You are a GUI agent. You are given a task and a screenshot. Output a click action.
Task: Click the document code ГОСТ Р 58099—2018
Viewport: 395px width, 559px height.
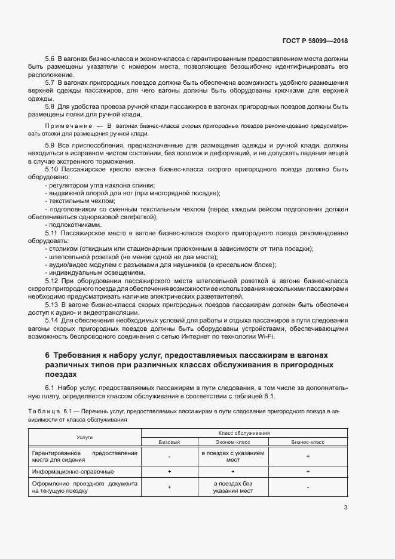[314, 41]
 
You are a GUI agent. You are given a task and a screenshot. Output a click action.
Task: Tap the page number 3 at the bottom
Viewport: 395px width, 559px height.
[346, 508]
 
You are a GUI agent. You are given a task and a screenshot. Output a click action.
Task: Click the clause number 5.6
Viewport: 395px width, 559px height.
[50, 60]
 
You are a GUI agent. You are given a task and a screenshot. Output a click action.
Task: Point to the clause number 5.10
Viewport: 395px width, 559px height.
[52, 170]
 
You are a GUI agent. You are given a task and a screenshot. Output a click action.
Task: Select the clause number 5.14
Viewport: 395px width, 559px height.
[52, 320]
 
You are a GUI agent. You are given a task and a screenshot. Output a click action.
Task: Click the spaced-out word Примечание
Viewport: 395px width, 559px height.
[68, 127]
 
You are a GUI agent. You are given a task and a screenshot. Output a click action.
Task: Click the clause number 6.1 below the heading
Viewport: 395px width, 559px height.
[50, 389]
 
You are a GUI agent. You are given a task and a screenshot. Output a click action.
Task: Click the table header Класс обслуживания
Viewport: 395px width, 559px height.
[243, 433]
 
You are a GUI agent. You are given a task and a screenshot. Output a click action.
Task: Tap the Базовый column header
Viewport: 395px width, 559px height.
[169, 442]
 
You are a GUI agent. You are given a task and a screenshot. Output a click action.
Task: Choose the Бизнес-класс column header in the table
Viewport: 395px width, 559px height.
[307, 442]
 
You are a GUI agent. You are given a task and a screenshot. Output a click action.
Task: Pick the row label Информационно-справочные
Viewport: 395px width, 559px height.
[67, 472]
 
